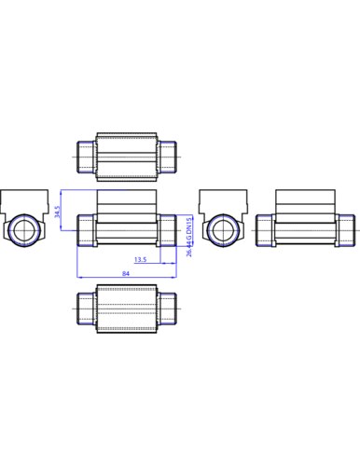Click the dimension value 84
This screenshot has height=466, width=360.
126,273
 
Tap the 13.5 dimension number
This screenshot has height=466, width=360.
141,259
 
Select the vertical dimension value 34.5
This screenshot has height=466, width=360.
58,212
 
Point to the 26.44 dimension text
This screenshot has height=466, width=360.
189,249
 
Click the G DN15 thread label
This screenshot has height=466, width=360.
189,228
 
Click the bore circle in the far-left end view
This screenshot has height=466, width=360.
23,230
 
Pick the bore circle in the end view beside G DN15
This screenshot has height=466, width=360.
223,231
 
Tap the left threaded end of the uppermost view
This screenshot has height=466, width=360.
86,157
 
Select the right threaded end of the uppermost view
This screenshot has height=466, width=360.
167,157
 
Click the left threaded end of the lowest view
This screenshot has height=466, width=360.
86,308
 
